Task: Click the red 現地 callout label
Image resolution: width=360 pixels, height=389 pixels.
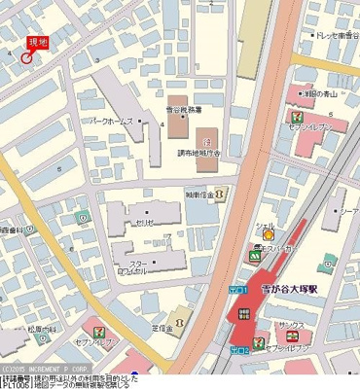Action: click(37, 42)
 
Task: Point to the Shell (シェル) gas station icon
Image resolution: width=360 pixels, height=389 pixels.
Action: click(268, 234)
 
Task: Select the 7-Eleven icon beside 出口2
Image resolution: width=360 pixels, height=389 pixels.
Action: click(260, 342)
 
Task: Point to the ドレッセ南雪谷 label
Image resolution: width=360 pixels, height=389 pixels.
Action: click(332, 36)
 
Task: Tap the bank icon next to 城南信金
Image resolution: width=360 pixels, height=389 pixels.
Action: click(217, 194)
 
